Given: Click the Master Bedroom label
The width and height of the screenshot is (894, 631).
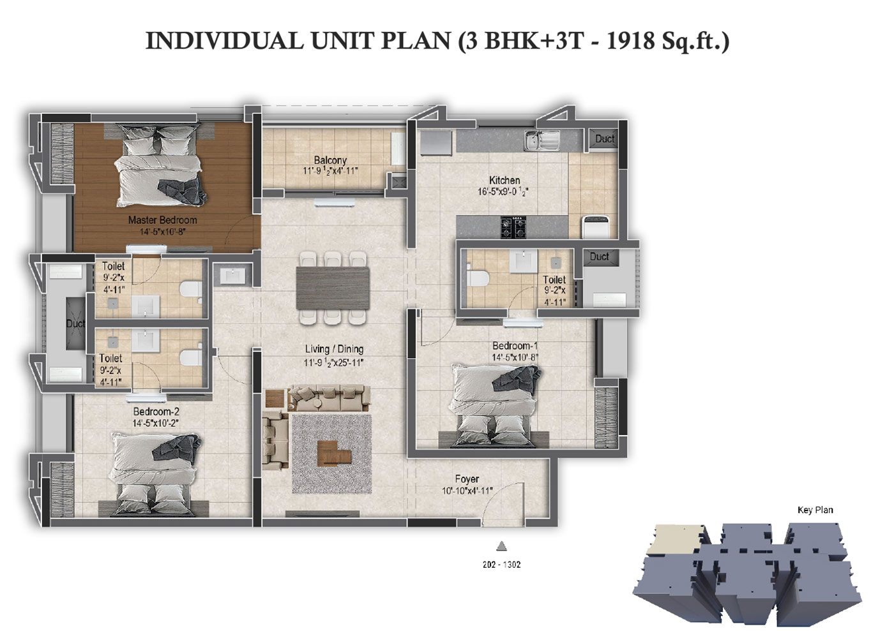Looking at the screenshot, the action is (162, 219).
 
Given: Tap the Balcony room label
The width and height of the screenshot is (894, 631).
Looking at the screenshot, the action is (330, 160).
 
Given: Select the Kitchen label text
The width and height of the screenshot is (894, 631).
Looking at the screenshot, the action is (504, 181).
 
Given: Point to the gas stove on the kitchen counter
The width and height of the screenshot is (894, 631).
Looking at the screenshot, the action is (513, 227).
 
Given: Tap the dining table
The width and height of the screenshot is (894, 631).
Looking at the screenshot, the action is (333, 288).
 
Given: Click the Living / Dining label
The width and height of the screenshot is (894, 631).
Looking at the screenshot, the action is (334, 349).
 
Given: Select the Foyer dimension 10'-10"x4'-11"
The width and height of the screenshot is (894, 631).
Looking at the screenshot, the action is (467, 491).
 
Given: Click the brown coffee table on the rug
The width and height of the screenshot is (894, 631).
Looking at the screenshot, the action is (335, 454).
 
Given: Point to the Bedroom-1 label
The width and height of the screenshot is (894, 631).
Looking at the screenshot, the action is (515, 345).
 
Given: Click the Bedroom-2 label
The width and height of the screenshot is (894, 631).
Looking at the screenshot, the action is (156, 412).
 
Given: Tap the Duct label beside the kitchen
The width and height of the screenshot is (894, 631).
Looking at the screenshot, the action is (605, 139).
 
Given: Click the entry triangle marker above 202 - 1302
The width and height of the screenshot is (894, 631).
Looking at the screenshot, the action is (502, 546).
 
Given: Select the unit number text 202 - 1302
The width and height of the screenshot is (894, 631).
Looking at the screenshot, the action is (502, 565).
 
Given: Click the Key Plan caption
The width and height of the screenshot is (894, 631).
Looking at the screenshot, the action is (815, 510).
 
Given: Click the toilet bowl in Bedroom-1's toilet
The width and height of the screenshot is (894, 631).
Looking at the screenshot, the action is (478, 278).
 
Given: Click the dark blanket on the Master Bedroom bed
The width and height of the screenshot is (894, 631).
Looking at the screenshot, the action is (183, 191).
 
